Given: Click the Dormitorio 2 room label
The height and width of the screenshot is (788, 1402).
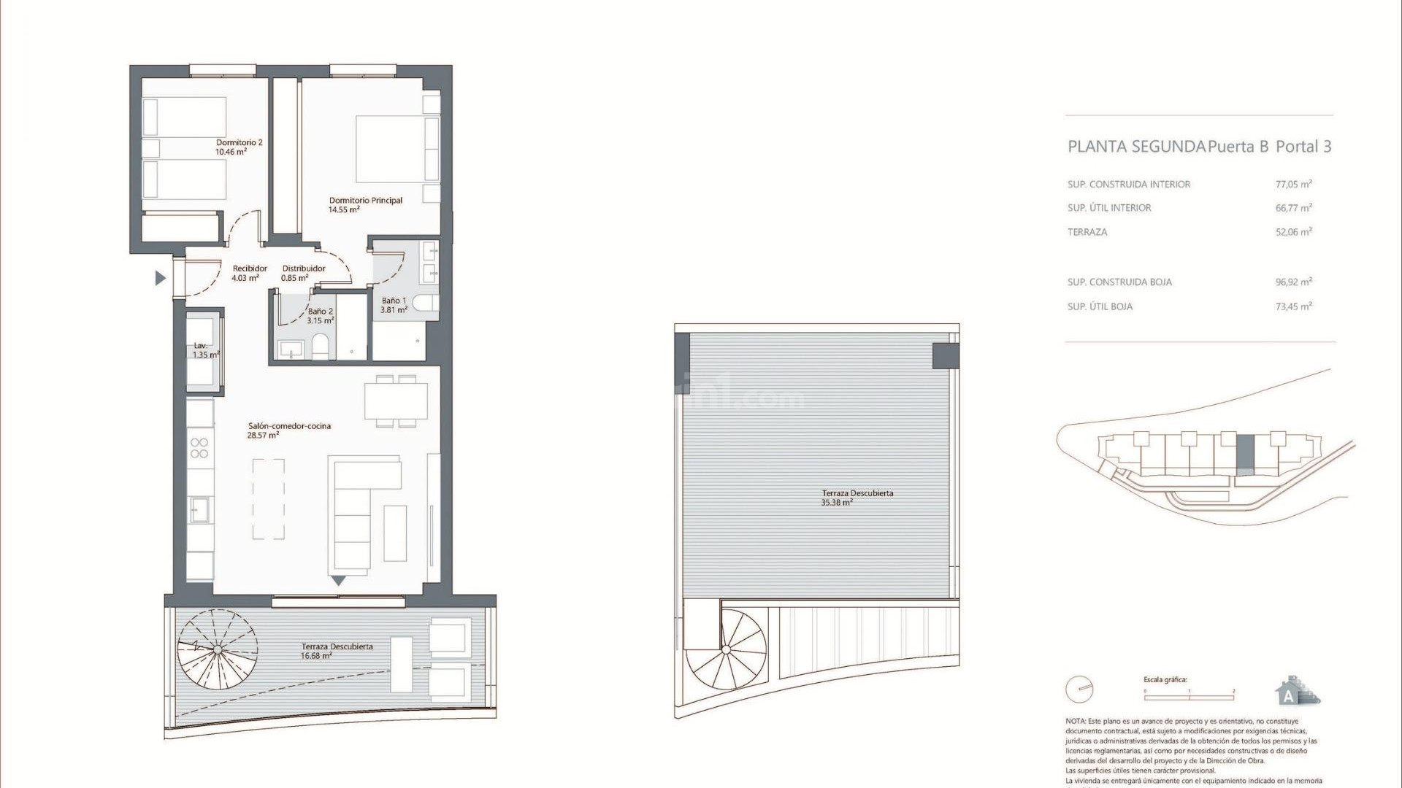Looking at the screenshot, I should (x=239, y=147).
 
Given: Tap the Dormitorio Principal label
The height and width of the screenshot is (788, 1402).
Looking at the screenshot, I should (x=365, y=204).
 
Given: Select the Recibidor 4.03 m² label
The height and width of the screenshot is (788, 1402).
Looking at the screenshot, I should (x=250, y=273).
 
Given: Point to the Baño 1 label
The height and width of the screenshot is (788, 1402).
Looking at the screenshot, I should (x=394, y=305).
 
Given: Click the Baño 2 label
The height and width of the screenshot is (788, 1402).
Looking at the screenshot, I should (x=321, y=316).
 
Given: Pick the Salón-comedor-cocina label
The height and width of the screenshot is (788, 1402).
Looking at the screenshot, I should (x=289, y=430).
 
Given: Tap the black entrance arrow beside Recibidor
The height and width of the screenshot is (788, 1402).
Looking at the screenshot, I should (x=161, y=278).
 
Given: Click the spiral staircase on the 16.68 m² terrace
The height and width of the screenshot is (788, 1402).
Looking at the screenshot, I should (x=218, y=649).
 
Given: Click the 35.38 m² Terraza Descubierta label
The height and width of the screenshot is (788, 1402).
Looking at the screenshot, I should (x=857, y=498).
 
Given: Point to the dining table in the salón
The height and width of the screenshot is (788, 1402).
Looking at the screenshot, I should (x=396, y=401).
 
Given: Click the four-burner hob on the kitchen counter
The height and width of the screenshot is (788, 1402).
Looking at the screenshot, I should (x=199, y=448).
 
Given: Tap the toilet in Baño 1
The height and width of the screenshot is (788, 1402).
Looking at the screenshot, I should (x=425, y=303).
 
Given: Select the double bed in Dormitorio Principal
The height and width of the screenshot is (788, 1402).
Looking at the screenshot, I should (x=397, y=149).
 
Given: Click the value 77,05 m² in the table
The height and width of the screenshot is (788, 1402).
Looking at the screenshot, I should (x=1293, y=185).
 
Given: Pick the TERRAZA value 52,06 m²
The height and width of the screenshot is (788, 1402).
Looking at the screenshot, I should (x=1293, y=232).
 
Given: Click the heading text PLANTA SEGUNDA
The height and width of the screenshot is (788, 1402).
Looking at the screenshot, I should (x=1136, y=147).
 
